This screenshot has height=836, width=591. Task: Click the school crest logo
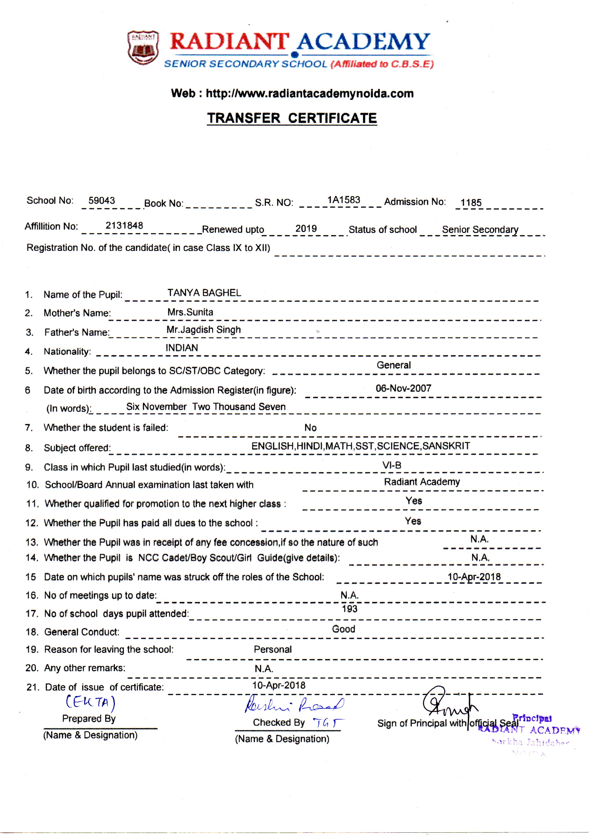click(143, 48)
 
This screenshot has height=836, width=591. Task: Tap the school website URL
click(309, 94)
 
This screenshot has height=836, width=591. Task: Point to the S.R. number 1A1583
click(343, 200)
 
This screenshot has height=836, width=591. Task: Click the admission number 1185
click(471, 203)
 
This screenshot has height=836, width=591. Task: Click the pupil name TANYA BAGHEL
click(204, 293)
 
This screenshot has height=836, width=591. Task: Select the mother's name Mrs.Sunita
click(190, 312)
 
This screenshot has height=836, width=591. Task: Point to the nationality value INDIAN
click(182, 348)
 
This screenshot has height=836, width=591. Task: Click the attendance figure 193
click(350, 609)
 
